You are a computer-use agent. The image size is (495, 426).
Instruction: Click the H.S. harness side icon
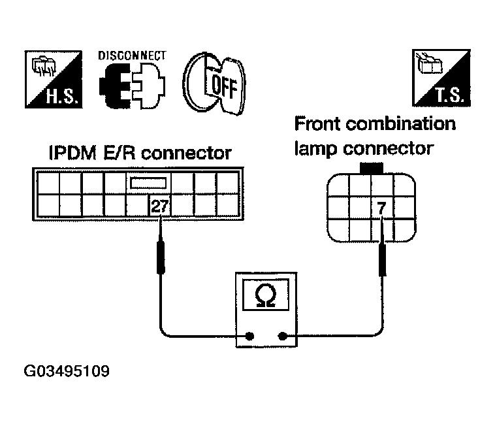point(54,79)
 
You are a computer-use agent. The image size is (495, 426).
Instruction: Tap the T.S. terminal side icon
point(441,78)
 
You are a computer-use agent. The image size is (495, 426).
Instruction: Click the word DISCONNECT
point(132,56)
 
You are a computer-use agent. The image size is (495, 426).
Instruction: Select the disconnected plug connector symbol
point(132,85)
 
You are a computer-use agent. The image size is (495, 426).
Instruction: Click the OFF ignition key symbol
point(214,84)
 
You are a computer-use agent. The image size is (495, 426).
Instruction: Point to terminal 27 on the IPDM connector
point(160,206)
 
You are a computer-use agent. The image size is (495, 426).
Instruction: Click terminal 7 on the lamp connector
point(381,208)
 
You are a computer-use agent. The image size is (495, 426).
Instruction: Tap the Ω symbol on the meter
point(266,295)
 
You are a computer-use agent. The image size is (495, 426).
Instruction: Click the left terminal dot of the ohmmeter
point(249,336)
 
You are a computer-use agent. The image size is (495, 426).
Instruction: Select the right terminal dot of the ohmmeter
point(282,336)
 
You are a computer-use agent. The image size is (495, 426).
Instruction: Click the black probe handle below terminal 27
point(161,257)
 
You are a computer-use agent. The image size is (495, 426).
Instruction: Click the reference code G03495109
point(67,371)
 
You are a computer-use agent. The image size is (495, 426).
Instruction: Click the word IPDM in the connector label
point(73,153)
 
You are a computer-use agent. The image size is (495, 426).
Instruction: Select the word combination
point(401,123)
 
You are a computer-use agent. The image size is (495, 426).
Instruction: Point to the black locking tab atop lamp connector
point(372,168)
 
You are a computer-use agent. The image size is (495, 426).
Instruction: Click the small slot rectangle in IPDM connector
point(148,183)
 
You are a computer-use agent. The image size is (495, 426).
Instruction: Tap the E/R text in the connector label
point(120,153)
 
